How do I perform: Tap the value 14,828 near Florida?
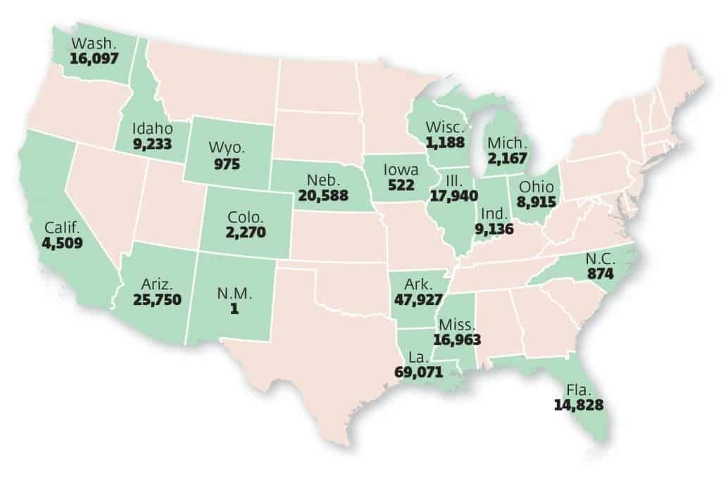[x=579, y=405]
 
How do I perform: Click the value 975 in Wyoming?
[x=227, y=164]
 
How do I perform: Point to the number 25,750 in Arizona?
[x=156, y=299]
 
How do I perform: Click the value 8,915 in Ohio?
[x=538, y=201]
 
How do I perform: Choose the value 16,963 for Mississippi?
[x=458, y=339]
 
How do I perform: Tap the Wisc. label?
[x=444, y=128]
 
